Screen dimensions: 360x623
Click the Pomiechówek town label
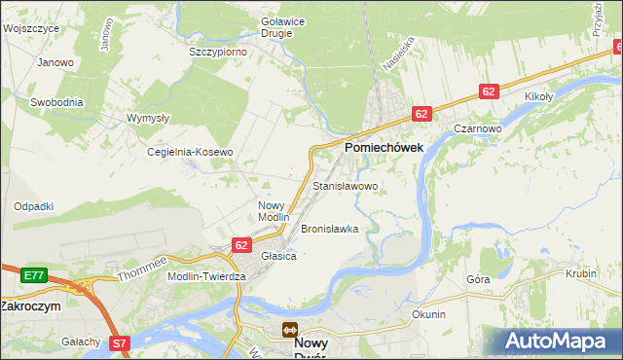(383, 146)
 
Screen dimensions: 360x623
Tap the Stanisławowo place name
(345, 185)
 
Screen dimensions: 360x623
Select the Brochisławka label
(330, 229)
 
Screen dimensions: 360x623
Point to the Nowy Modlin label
(274, 211)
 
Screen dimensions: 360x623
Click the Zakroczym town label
(30, 305)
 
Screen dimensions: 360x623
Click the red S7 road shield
(119, 342)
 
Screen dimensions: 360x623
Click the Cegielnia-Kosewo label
(190, 152)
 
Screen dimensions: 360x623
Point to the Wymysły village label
(148, 118)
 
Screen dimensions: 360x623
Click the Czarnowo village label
(477, 128)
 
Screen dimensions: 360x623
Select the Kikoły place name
(538, 96)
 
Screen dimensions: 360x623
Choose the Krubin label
(580, 273)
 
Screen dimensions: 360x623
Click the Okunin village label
(428, 314)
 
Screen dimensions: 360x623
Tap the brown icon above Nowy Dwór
(289, 331)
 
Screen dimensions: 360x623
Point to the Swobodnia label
(56, 101)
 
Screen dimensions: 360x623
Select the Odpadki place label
(33, 206)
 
